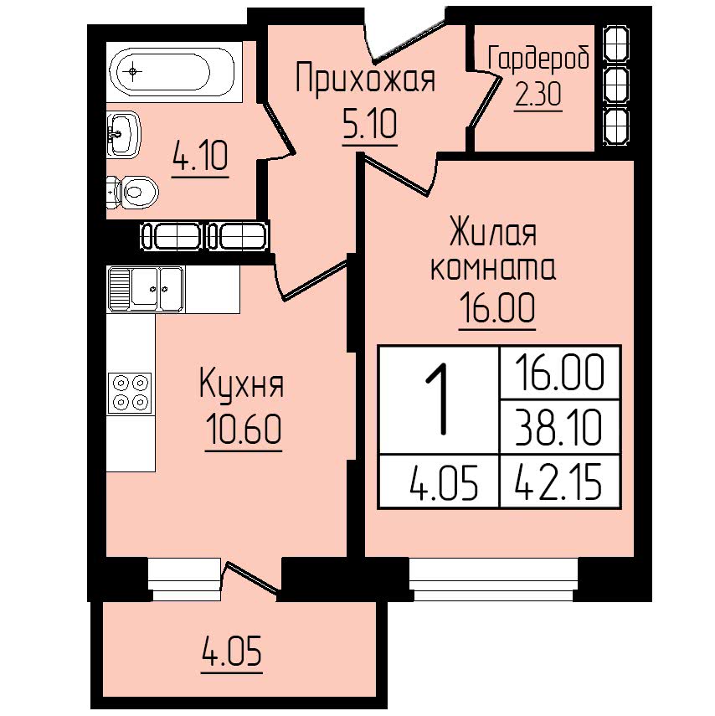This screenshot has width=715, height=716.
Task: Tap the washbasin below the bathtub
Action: click(123, 134)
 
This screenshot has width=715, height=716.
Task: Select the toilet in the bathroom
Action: click(132, 193)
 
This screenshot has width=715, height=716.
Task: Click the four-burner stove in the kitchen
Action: click(130, 393)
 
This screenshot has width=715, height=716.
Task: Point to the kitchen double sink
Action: click(147, 289)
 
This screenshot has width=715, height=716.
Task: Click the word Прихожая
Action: click(365, 79)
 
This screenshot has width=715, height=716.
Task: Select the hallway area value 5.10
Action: click(369, 125)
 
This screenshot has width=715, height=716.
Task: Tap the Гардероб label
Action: click(538, 59)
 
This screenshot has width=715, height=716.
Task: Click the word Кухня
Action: click(241, 384)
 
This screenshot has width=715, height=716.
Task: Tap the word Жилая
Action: click(493, 231)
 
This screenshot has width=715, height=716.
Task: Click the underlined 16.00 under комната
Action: click(497, 308)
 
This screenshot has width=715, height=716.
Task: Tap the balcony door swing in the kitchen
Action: click(250, 577)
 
